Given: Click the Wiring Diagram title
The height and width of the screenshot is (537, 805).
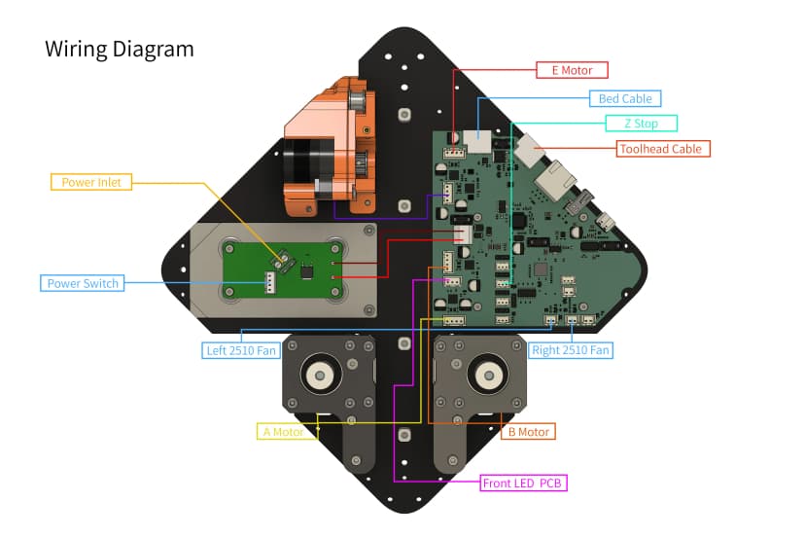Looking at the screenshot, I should tap(119, 49).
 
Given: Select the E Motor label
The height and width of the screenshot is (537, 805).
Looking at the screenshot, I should tap(572, 70).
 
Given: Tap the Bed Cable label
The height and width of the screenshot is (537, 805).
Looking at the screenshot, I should tap(625, 98).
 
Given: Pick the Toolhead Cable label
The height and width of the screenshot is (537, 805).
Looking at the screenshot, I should tap(664, 149).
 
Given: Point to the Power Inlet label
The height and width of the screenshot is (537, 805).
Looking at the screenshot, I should tap(90, 182).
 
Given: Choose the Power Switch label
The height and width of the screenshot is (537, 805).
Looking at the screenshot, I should tap(83, 283).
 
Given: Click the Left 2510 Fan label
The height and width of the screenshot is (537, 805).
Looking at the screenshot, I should tap(241, 350).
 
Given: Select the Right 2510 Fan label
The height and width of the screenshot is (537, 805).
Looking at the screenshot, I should tap(571, 350).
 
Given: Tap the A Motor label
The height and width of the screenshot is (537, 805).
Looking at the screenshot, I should tap(284, 431).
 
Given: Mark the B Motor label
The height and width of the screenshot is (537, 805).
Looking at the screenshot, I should tap(527, 431).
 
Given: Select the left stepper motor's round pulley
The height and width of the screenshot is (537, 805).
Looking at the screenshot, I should tap(318, 374).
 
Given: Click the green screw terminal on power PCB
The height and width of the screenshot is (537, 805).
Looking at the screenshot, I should tap(287, 258).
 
